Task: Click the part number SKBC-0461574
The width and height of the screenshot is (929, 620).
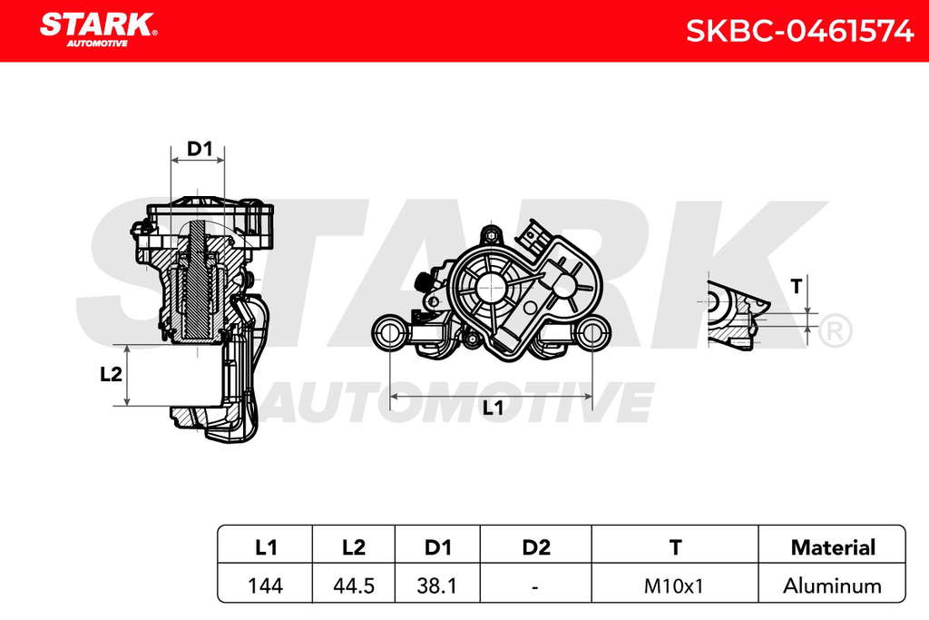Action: point(800,31)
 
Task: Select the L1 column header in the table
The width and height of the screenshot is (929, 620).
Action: point(266,547)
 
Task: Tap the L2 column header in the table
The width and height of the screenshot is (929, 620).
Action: point(354,547)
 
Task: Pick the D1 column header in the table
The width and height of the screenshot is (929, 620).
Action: point(438,547)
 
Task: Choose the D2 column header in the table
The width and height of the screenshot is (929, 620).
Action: point(536,547)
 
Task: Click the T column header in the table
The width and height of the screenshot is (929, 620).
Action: point(675,547)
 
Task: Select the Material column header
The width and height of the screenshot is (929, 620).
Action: point(833,547)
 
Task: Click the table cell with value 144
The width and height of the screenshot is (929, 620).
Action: point(265,586)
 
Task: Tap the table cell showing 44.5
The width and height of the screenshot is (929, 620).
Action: point(354,586)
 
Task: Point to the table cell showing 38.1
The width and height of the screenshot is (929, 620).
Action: point(436,586)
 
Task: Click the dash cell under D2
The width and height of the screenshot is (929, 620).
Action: point(535,586)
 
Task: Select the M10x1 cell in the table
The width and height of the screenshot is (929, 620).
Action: point(674,586)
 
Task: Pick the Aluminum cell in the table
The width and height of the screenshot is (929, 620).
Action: point(833,586)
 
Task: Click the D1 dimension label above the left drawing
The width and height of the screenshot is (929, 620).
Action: point(200,149)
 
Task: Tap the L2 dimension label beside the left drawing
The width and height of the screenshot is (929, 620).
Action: point(111,374)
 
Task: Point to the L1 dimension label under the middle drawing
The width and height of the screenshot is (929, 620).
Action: point(493,408)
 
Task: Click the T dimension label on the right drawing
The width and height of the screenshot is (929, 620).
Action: point(797,286)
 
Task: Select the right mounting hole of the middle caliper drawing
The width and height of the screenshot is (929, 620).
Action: point(592,332)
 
